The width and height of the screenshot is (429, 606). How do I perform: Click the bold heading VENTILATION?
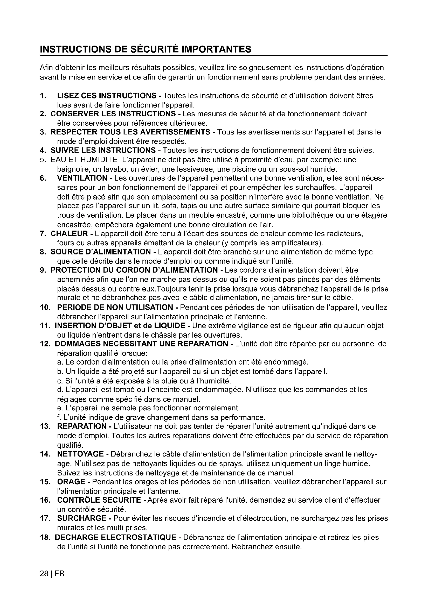point(82,178)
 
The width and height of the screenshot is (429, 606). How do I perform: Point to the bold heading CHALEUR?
point(69,234)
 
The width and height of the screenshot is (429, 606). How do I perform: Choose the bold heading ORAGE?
point(71,482)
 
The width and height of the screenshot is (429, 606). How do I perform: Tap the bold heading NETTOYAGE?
point(80,454)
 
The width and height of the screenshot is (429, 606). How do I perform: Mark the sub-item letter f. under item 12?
point(58,417)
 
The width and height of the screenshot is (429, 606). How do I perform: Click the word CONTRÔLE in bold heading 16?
point(78,500)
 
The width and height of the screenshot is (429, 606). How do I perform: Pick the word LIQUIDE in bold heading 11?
point(169,326)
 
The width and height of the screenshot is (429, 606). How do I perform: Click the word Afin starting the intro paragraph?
point(46,68)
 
